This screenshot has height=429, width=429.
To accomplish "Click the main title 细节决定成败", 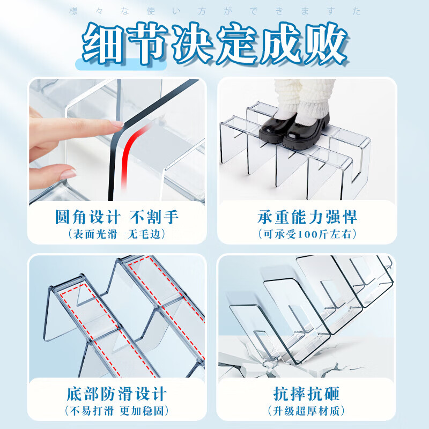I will (214, 43).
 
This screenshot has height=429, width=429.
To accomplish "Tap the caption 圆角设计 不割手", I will (117, 217).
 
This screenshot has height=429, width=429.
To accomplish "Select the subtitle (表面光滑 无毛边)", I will (117, 234).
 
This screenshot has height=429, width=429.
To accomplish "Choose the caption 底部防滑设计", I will (117, 394).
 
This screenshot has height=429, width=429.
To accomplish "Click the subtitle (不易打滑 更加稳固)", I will (117, 411).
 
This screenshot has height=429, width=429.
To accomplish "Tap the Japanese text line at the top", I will (214, 11).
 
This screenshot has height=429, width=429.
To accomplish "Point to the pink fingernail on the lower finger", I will (68, 174).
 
